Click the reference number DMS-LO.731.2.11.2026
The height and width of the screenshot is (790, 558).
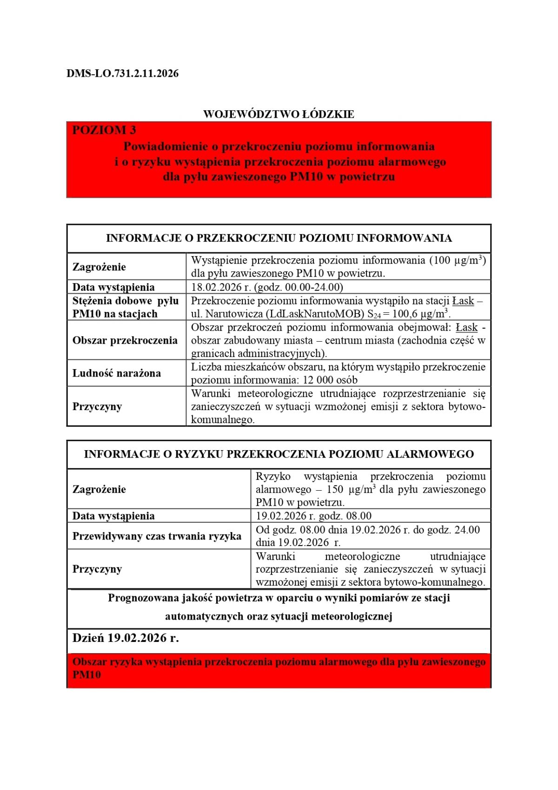click(122, 74)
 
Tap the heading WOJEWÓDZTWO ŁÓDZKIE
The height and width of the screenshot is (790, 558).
click(279, 114)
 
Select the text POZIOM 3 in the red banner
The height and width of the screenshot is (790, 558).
click(104, 130)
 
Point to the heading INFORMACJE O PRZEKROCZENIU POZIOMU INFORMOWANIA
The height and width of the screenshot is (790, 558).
click(279, 238)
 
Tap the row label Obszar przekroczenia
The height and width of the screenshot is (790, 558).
click(125, 340)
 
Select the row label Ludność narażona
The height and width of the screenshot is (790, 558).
click(116, 373)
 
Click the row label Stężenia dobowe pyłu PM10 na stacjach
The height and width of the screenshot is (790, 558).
click(125, 307)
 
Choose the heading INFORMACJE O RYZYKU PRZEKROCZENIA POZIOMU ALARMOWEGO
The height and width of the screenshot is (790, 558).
click(279, 454)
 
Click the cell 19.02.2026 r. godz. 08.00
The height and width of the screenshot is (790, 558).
click(313, 516)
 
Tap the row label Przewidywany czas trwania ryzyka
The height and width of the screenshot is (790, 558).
click(157, 536)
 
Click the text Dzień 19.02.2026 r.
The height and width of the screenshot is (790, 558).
click(126, 638)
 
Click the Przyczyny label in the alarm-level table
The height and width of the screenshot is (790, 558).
click(97, 569)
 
